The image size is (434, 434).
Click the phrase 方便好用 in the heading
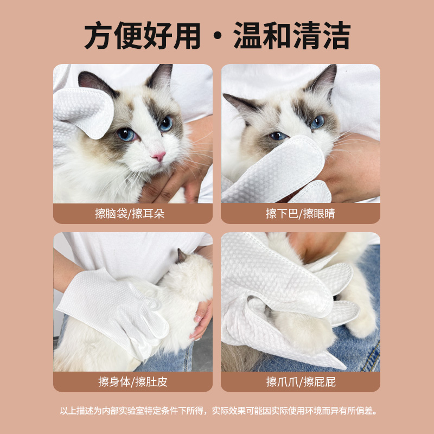click(142, 36)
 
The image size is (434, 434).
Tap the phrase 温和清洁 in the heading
click(292, 36)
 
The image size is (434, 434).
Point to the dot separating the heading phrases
click(217, 38)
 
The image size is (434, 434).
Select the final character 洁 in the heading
click(335, 36)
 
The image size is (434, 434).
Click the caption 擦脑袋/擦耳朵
click(132, 213)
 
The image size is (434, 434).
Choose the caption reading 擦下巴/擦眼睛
click(300, 213)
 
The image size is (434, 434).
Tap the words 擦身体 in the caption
click(114, 381)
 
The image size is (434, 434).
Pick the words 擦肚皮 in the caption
click(151, 381)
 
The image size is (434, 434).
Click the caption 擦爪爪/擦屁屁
click(301, 381)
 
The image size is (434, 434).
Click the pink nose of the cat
click(158, 156)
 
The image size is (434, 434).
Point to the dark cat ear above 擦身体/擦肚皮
click(181, 256)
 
